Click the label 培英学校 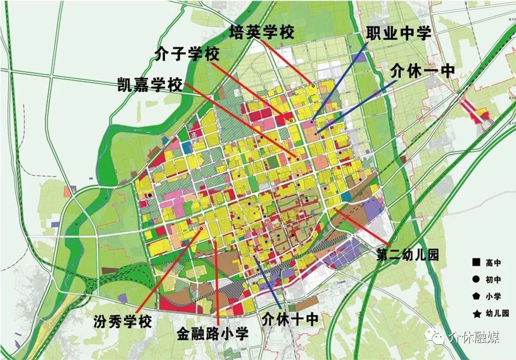[x=262, y=33]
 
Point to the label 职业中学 [x=398, y=33]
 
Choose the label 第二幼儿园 [x=408, y=255]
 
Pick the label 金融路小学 [x=212, y=334]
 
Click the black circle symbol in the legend [x=476, y=280]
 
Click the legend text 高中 [x=493, y=263]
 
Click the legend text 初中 [x=493, y=280]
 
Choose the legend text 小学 [x=493, y=297]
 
